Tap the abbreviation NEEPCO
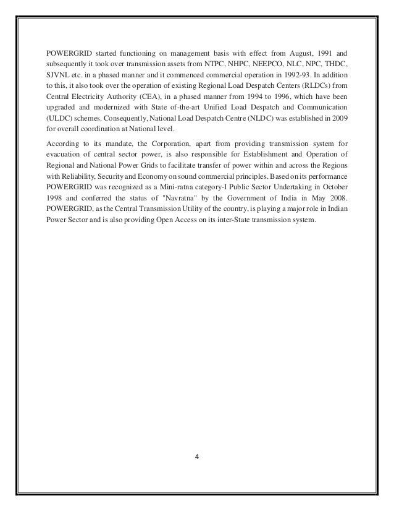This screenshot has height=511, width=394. (x=272, y=64)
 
